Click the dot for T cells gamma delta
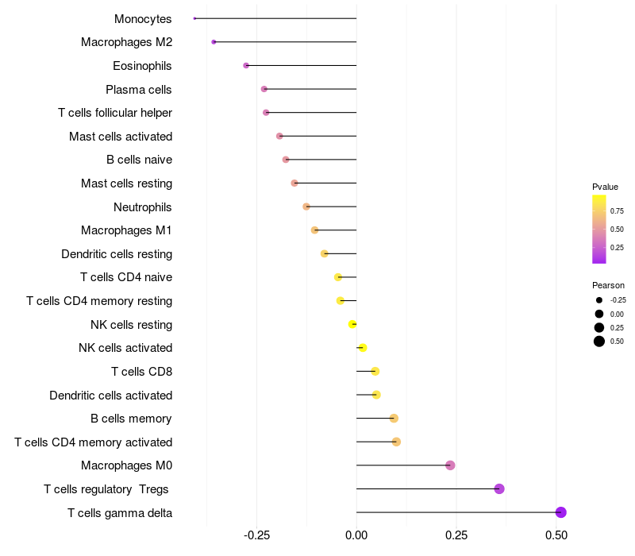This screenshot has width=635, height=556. pos(560,512)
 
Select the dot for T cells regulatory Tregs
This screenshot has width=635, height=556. pos(499,488)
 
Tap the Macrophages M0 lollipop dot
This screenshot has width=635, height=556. pos(450,465)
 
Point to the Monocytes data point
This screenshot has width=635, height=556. pos(194,18)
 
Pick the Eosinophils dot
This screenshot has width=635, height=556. pos(246,65)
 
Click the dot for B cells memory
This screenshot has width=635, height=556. pos(394,419)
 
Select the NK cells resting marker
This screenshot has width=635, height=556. pos(352,324)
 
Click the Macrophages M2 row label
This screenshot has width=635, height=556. pos(126,42)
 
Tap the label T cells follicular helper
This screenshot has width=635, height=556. pos(115,113)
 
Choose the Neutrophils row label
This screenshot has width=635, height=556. pos(143,207)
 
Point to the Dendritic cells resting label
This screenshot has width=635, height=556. pos(117,254)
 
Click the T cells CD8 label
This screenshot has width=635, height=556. pos(141,372)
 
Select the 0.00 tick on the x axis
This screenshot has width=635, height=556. pos(356,536)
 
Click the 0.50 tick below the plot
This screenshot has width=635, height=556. pos(556,536)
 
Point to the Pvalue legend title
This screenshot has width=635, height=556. pos(605,187)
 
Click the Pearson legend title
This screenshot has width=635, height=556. pos(608,285)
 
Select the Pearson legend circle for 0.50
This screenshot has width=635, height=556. pos(598,342)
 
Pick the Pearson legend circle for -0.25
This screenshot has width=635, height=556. pos(598,300)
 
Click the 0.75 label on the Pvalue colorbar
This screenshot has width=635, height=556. pos(616,211)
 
